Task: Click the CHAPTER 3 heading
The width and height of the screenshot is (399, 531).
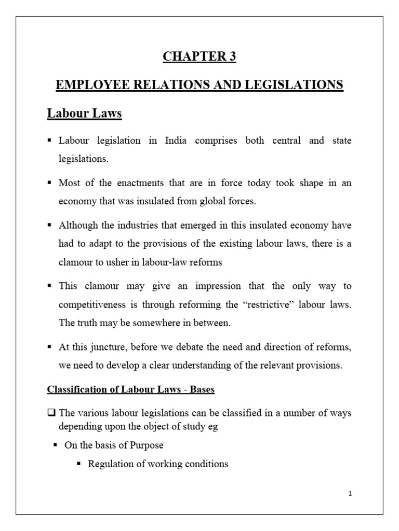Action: (199, 57)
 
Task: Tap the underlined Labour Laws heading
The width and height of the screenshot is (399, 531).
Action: (84, 113)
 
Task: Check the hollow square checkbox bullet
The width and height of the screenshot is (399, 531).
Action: (51, 413)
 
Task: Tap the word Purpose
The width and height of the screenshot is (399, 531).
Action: (146, 445)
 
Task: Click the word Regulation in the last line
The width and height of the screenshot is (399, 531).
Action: (110, 464)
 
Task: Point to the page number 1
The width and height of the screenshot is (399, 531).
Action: (351, 493)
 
